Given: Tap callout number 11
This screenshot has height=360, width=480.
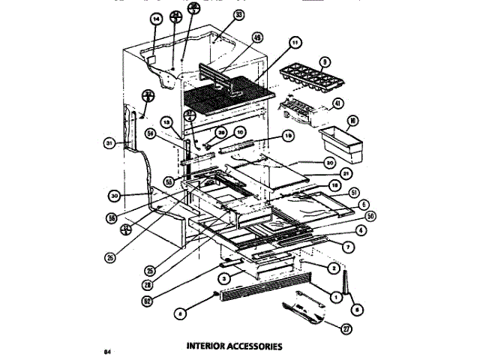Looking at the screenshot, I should pyautogui.click(x=295, y=42).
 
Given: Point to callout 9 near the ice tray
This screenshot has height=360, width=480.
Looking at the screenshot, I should pyautogui.click(x=325, y=62).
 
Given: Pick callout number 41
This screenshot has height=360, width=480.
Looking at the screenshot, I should pyautogui.click(x=337, y=103).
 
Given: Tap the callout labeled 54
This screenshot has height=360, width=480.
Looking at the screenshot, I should pyautogui.click(x=151, y=133).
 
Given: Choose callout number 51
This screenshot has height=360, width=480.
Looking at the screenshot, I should pyautogui.click(x=355, y=191).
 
